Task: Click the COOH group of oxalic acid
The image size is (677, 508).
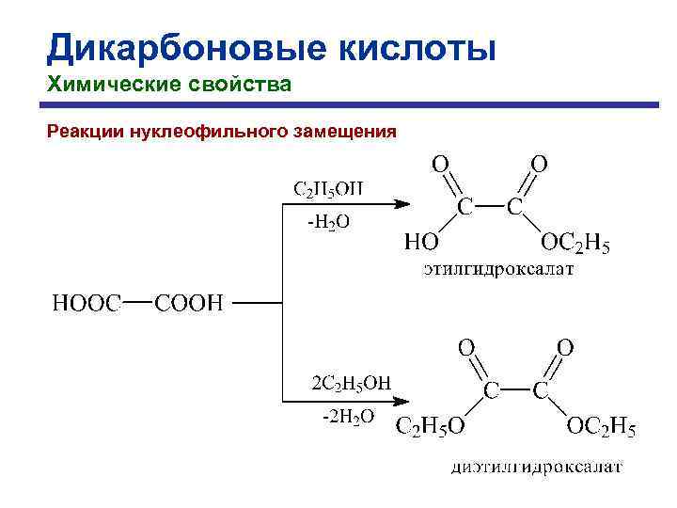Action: point(188,303)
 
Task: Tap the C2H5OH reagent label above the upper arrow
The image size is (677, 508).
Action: point(328,189)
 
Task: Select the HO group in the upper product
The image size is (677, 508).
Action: point(420,244)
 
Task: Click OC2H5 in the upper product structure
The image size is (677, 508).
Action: point(575,245)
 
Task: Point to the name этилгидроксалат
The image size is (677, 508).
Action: point(497,270)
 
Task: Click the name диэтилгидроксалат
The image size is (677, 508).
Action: point(536,467)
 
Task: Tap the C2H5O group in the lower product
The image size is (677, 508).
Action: point(430,429)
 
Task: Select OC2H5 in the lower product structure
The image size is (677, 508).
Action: point(601,429)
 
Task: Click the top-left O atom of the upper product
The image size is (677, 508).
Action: point(440,163)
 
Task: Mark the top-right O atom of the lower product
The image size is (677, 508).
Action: point(564,347)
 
